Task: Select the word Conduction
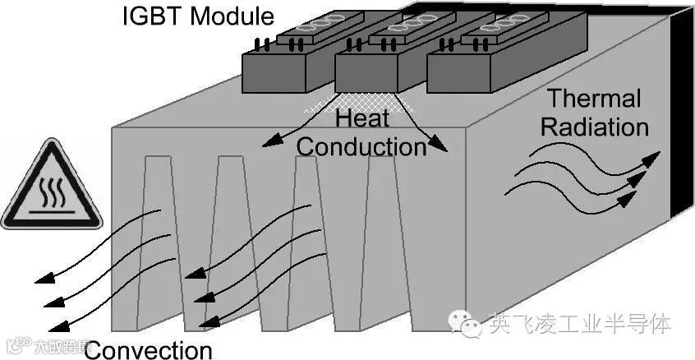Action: coord(361,146)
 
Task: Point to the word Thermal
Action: coord(594,99)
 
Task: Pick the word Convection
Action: coord(149,349)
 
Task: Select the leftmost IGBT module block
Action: coord(288,66)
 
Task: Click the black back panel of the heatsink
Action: coord(683,123)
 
